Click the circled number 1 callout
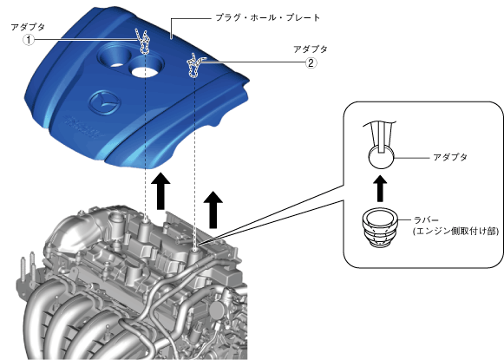coord(29,40)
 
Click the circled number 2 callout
coord(311,62)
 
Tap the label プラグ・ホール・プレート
coord(268,17)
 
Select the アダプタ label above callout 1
coord(28,27)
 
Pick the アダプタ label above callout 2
coord(311,49)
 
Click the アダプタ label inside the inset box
coord(450,157)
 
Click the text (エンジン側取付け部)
coord(456,231)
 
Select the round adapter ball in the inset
coord(381,157)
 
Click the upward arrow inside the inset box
coord(380,189)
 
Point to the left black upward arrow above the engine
coord(160,191)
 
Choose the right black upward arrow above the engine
coord(213,210)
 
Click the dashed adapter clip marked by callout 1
coord(144,42)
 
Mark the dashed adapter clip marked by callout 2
coord(194,65)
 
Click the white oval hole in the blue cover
coord(144,71)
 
